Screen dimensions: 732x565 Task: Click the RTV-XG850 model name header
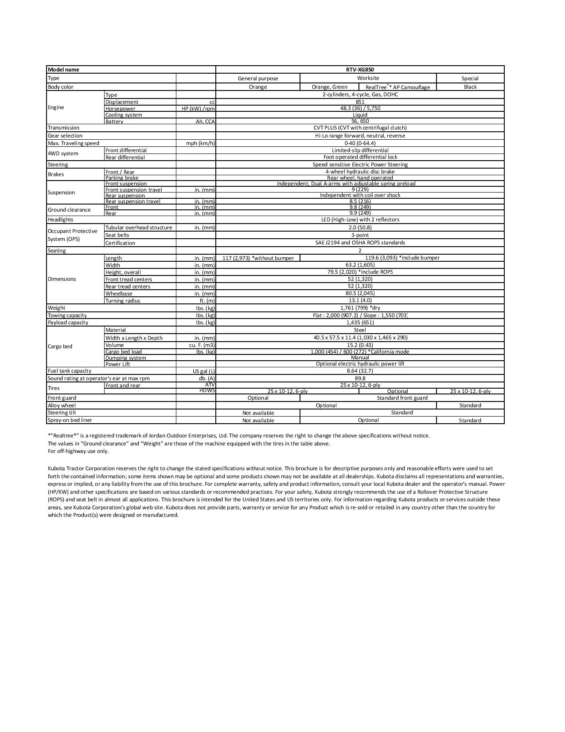360,70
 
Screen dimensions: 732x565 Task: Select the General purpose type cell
258,79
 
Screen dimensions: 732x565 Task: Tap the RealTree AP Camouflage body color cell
397,87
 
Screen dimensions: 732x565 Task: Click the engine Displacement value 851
360,102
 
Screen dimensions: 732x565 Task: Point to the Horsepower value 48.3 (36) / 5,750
360,108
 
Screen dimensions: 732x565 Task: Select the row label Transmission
64,128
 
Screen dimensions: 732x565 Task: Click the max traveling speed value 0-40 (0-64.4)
360,143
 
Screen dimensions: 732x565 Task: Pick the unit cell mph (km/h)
200,143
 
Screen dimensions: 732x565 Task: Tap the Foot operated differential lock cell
360,157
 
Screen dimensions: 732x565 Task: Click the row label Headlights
61,220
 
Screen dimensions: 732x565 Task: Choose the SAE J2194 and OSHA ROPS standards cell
360,243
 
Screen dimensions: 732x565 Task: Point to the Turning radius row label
123,301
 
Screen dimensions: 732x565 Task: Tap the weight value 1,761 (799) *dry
360,308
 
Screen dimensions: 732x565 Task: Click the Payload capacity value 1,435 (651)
360,323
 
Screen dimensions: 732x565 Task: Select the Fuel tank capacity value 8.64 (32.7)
360,371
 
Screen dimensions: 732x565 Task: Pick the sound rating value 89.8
360,378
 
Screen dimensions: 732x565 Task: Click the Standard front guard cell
402,398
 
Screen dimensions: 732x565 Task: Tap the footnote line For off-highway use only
78,451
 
